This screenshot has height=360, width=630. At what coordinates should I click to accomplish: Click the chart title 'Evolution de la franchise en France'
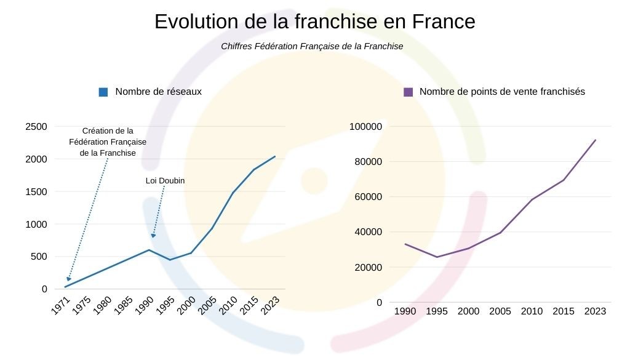[314, 22]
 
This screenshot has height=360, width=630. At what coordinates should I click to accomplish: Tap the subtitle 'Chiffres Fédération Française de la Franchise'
[312, 46]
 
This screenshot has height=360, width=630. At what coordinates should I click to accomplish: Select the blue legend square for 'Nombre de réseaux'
[103, 92]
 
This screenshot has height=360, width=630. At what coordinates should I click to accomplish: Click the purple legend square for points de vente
[408, 92]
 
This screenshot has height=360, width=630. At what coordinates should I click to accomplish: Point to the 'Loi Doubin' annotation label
[165, 181]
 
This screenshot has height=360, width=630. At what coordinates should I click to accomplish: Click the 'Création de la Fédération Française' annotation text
[108, 142]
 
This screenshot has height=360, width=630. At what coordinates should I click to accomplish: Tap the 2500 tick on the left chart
[36, 127]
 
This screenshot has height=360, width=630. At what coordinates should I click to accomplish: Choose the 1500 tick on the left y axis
[36, 192]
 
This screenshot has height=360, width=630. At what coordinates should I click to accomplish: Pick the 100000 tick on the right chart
[366, 127]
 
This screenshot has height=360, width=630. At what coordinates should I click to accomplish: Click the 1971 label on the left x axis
[60, 306]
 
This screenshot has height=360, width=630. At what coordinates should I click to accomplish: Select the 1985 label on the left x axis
[123, 306]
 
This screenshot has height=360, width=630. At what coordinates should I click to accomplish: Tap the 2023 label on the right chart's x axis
[595, 311]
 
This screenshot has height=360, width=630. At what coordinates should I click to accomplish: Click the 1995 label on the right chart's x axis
[437, 311]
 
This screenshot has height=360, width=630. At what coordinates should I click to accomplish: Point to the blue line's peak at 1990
[149, 249]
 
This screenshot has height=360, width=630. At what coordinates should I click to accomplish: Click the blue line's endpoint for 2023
[275, 156]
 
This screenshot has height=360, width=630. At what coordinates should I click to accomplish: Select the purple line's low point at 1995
[437, 257]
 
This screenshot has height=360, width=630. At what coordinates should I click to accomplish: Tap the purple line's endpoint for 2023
[596, 140]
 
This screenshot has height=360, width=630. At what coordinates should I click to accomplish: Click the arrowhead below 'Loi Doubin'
[153, 235]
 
